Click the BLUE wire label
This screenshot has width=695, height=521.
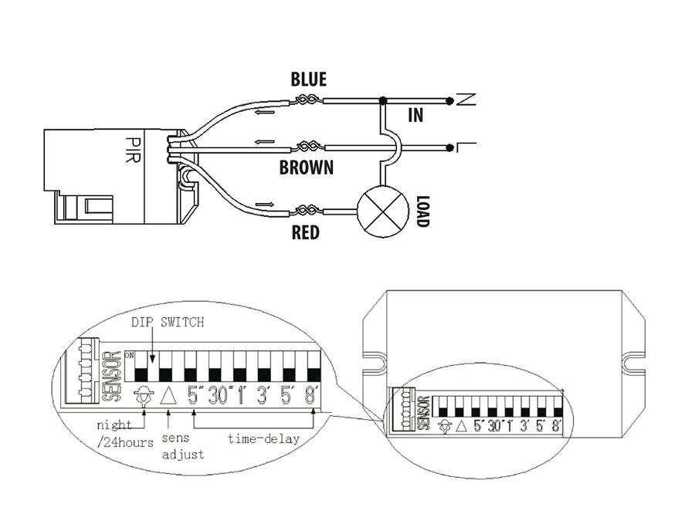tap(308, 80)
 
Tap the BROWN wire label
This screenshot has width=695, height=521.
tap(307, 167)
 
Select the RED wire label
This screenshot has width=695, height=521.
tap(306, 232)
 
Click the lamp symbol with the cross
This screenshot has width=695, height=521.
tap(382, 211)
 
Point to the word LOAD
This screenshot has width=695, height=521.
tap(422, 210)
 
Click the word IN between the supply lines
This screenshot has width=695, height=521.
tap(416, 117)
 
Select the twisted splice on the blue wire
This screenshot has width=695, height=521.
tap(306, 100)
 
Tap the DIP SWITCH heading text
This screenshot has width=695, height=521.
tap(168, 323)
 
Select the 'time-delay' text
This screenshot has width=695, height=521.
tap(263, 438)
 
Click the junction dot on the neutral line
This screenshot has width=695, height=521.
tap(383, 100)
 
